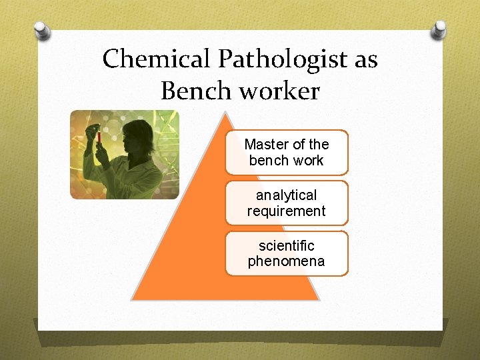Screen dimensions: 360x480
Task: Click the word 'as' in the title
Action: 366,60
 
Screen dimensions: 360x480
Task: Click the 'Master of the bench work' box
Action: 287,152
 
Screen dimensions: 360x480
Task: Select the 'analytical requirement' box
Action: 287,203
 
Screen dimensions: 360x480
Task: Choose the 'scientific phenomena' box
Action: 287,253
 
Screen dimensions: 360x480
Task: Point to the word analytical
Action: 287,195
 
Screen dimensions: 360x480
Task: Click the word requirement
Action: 287,211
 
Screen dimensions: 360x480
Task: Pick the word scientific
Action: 287,246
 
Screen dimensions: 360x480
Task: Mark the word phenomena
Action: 287,261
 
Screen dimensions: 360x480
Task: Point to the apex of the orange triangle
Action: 227,113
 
